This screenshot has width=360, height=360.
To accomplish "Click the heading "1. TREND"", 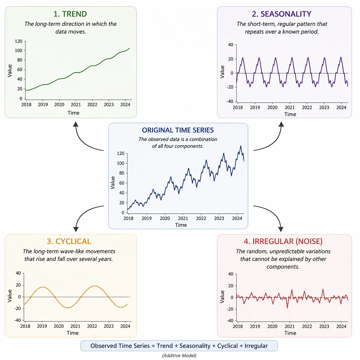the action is (x=70, y=14).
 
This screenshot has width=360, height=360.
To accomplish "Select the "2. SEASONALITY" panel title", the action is (x=281, y=14).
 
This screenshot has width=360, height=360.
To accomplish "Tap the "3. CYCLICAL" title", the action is (x=69, y=241).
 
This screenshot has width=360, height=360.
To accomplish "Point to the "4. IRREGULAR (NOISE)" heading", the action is (x=283, y=241).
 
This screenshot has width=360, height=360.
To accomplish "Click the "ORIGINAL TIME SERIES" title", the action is (x=178, y=130).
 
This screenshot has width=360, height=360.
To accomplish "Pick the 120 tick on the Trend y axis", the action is (x=19, y=41).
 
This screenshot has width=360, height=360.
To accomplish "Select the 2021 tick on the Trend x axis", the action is (x=76, y=105).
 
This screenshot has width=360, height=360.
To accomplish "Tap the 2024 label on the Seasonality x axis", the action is (x=341, y=107).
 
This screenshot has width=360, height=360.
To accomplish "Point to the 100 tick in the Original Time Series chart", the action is (x=121, y=163).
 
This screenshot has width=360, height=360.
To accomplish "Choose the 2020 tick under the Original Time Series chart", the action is (x=165, y=218).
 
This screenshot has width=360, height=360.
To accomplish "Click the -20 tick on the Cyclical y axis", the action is (x=17, y=308).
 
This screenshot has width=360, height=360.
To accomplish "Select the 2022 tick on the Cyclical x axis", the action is (x=92, y=326).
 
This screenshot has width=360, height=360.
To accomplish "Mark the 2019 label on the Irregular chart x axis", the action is (x=255, y=326).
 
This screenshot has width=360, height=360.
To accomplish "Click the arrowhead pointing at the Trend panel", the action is (x=76, y=124).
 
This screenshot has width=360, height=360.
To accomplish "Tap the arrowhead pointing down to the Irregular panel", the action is (x=281, y=229).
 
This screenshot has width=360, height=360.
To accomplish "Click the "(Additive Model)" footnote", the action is (x=179, y=356).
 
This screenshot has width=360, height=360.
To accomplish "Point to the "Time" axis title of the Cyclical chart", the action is (x=73, y=333).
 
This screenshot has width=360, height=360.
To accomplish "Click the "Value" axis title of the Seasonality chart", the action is (x=222, y=72).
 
